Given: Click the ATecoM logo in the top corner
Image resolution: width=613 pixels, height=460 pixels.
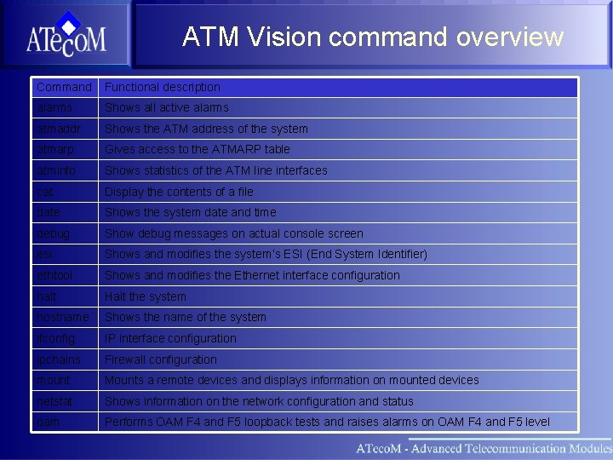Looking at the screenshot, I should (x=66, y=35).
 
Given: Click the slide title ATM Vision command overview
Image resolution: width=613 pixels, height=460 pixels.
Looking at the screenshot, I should (x=372, y=37).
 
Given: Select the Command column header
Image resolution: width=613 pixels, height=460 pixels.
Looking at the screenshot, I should (x=64, y=87).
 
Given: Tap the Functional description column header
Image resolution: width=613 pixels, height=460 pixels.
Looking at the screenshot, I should (x=163, y=87).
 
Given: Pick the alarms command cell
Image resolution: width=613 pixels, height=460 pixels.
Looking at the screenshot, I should (x=54, y=107).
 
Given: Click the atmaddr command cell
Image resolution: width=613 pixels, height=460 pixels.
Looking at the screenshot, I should (x=59, y=129).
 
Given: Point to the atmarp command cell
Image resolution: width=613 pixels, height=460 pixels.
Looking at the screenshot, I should (x=55, y=149).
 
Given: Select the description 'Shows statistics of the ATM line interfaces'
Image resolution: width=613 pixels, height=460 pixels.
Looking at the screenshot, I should (x=215, y=170).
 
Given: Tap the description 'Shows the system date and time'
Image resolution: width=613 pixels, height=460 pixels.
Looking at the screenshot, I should (x=190, y=212).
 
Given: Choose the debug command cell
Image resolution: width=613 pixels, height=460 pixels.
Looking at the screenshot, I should (x=54, y=233).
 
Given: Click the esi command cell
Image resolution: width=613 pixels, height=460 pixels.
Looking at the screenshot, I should (x=44, y=254).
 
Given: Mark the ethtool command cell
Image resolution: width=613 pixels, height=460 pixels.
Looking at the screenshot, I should (x=54, y=275).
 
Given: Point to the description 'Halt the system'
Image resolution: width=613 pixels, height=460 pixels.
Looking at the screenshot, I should (x=146, y=296).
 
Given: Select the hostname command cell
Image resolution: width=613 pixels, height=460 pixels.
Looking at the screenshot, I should (x=62, y=317).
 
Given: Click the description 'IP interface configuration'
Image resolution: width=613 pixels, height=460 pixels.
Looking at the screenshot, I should (x=170, y=338).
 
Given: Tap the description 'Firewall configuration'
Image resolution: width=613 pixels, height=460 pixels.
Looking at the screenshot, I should (x=161, y=359).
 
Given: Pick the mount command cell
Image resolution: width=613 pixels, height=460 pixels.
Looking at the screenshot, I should (x=54, y=380).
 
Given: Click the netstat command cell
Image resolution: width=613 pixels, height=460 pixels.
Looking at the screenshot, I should (x=54, y=401).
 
